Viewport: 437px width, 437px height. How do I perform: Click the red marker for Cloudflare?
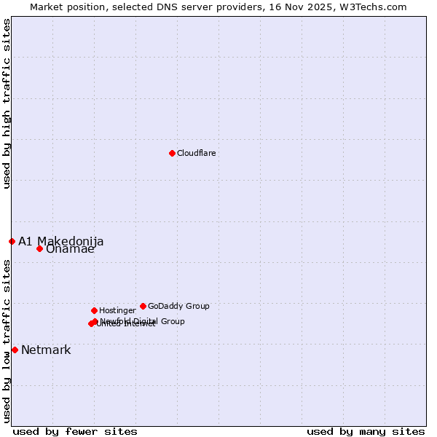(172, 153)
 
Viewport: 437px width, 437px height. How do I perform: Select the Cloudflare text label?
(196, 153)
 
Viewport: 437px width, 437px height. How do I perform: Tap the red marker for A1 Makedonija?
(12, 241)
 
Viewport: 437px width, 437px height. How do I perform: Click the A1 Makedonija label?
(60, 241)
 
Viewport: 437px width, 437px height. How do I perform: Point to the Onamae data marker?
(39, 248)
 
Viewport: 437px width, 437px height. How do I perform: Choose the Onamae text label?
(70, 249)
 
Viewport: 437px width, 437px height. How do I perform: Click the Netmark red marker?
(15, 350)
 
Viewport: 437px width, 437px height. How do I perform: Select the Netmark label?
(46, 350)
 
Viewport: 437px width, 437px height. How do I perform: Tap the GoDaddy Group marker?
(143, 306)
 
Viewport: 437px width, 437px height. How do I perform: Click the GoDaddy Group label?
(178, 306)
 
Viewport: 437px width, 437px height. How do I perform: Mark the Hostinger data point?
(94, 310)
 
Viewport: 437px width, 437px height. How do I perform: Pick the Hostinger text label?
(117, 310)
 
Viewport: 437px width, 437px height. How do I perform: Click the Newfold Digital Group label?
(143, 320)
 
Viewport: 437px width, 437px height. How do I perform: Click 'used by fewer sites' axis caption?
(75, 431)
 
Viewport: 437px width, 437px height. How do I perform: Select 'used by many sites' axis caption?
(366, 431)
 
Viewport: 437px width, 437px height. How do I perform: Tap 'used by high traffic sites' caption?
(7, 103)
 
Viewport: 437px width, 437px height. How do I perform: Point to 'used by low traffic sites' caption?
(7, 341)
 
